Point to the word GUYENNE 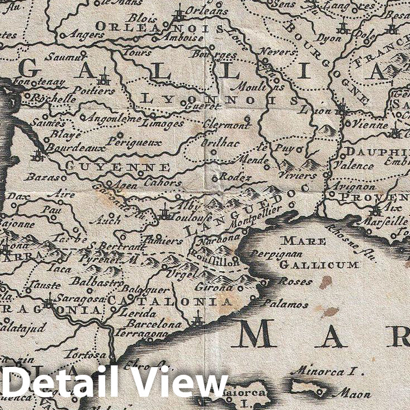(x=117, y=167)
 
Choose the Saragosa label (x=79, y=299)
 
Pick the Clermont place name (x=225, y=125)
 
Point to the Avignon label (x=353, y=186)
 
